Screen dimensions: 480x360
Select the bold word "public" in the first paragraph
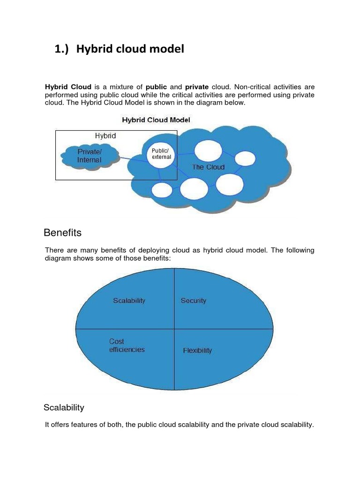(x=157, y=87)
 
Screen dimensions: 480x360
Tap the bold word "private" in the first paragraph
(x=197, y=87)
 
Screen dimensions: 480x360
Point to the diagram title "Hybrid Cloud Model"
(x=156, y=120)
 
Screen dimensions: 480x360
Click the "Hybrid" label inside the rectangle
(x=105, y=136)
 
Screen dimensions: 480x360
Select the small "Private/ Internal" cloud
(x=89, y=156)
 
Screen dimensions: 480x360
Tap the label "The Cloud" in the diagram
(x=208, y=167)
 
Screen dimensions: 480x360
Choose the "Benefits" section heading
(x=62, y=233)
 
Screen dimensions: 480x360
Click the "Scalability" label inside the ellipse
(x=129, y=301)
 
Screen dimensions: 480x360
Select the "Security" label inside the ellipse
(x=193, y=301)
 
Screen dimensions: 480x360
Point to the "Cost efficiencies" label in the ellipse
(x=127, y=345)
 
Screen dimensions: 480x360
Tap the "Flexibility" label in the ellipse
(x=197, y=351)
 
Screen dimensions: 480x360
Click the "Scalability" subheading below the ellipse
(x=64, y=408)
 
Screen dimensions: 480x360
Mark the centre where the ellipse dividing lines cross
(x=174, y=329)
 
